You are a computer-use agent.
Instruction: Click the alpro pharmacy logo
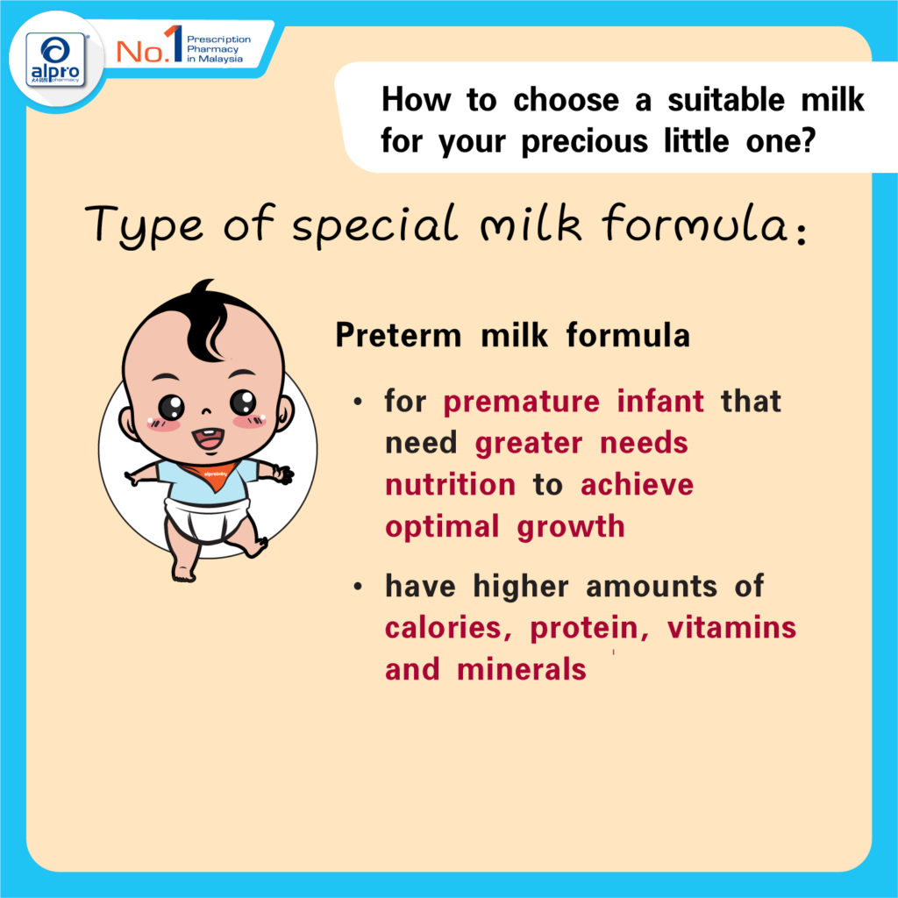click(55, 59)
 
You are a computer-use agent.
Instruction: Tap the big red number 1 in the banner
click(175, 44)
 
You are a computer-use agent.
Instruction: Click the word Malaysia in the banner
click(220, 59)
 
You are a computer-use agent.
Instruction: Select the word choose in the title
click(566, 100)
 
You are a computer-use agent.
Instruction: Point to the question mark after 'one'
click(808, 141)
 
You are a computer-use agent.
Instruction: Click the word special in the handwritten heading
click(375, 224)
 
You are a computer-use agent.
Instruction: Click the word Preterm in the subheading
click(398, 335)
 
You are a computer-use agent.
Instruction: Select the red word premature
click(522, 402)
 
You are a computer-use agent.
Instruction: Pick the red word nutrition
click(450, 485)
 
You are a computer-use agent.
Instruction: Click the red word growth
click(570, 527)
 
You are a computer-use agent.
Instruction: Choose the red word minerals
click(522, 669)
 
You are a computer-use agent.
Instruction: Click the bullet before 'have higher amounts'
click(358, 587)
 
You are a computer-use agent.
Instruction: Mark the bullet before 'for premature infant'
click(358, 402)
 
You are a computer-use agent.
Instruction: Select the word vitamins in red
click(732, 627)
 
